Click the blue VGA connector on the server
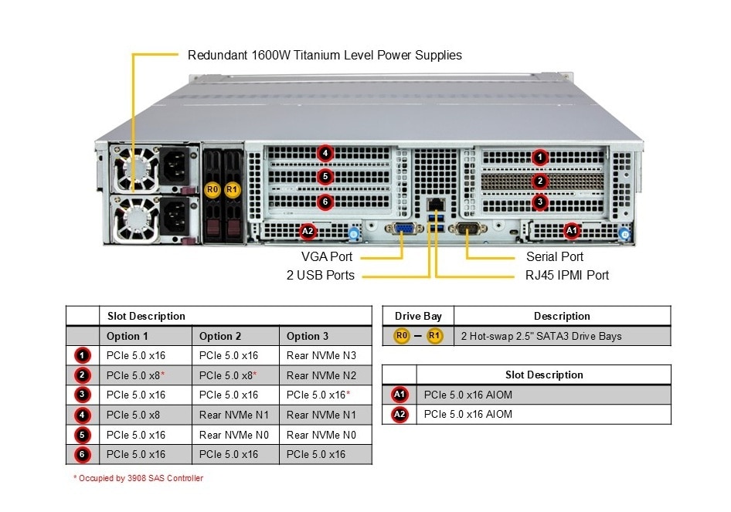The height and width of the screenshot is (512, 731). pyautogui.click(x=403, y=228)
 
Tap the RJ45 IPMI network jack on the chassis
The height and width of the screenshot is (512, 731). pyautogui.click(x=434, y=205)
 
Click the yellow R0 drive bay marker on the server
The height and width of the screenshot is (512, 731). pyautogui.click(x=213, y=188)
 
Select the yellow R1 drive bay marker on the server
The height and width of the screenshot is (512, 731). pyautogui.click(x=233, y=188)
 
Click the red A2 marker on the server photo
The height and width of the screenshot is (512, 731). pyautogui.click(x=308, y=230)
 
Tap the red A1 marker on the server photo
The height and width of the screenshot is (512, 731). pyautogui.click(x=571, y=229)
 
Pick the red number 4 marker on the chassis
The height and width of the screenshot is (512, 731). pyautogui.click(x=325, y=153)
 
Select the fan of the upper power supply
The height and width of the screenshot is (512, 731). pyautogui.click(x=137, y=168)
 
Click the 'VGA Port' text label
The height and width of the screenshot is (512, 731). pyautogui.click(x=327, y=256)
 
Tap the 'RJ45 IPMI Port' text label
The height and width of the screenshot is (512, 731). pyautogui.click(x=567, y=275)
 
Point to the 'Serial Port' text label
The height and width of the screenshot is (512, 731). pyautogui.click(x=555, y=256)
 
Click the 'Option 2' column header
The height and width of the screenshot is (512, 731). pyautogui.click(x=220, y=336)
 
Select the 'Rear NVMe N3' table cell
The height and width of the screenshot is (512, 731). pyautogui.click(x=321, y=355)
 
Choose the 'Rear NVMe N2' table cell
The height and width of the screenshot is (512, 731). pyautogui.click(x=321, y=375)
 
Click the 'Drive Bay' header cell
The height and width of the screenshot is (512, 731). pyautogui.click(x=418, y=316)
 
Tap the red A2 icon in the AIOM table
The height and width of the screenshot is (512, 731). pyautogui.click(x=399, y=414)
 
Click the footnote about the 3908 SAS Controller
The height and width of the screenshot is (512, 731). pyautogui.click(x=138, y=479)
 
